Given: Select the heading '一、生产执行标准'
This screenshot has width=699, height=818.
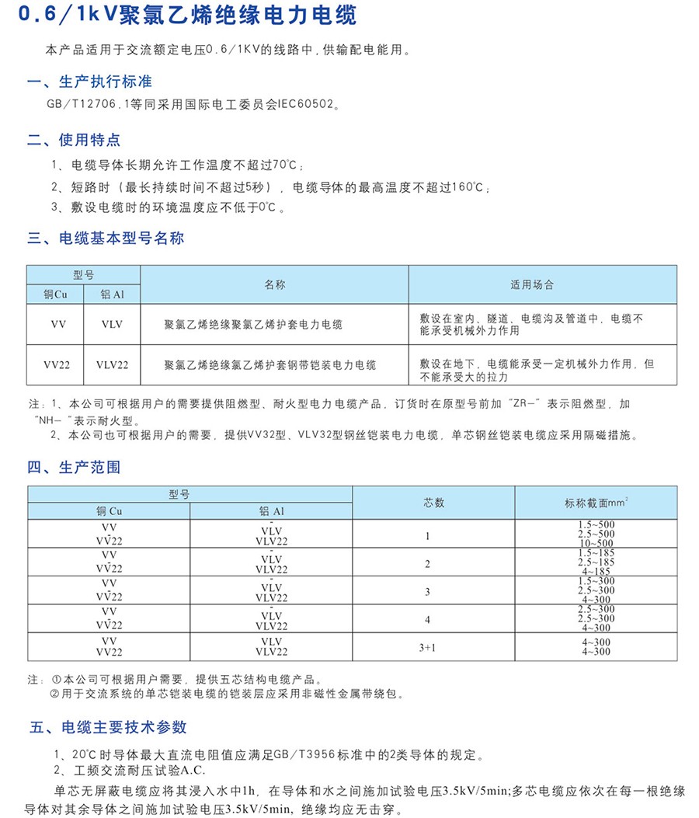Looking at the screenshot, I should pos(89,82).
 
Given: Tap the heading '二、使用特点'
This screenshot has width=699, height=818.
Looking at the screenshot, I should pos(74,140).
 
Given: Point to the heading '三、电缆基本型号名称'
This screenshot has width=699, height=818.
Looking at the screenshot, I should pos(106,238).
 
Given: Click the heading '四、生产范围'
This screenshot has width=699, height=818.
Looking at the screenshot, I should pos(74,468).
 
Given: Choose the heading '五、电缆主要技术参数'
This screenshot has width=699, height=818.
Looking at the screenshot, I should pos(107,728).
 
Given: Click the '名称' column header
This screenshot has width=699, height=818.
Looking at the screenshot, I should pos(275,285).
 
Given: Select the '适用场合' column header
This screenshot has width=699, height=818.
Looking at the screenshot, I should pos(532,285).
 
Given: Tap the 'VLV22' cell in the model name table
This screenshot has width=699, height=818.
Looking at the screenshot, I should pos(112,364).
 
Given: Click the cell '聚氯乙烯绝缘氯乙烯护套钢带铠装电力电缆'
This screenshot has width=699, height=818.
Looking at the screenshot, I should pos(270,364).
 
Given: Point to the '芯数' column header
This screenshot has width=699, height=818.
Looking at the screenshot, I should pos(433,503).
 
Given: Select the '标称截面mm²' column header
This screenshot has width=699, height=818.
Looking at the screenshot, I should pos(596,503).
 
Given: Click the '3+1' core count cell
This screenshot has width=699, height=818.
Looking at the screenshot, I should pos(427,646).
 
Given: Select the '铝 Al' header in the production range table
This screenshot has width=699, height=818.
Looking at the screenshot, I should pos(272,511).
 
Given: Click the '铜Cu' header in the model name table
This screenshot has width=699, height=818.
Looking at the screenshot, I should pos(56,294).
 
